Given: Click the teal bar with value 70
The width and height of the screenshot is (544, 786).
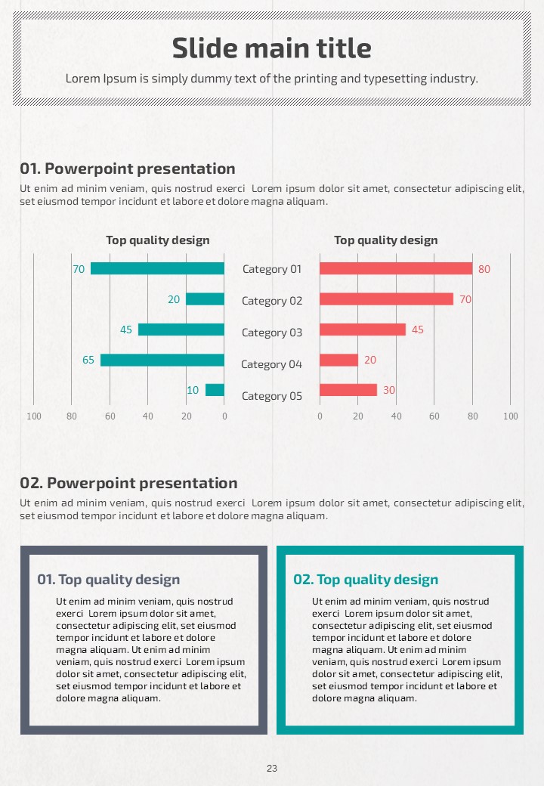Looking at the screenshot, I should [157, 268].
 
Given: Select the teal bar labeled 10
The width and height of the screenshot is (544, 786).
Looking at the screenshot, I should [215, 390].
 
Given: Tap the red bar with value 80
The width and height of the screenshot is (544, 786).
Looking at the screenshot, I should [396, 268].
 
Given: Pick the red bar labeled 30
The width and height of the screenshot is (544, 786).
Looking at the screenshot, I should [348, 390].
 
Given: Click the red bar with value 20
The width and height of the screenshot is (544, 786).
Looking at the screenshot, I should [338, 360].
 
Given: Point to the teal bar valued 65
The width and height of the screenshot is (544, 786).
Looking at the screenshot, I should [162, 360].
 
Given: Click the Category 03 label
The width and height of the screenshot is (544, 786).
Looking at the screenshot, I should [272, 333].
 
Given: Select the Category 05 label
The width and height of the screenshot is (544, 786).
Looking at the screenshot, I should [272, 396].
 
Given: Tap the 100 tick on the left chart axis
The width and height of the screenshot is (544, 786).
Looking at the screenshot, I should [34, 416].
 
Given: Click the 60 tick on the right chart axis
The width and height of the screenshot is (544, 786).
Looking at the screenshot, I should [434, 416].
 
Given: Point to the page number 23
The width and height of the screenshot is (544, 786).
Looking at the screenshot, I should [272, 769].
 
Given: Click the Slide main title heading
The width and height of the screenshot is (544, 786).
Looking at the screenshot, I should [272, 49].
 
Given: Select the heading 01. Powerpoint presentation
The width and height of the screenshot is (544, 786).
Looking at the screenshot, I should [128, 169].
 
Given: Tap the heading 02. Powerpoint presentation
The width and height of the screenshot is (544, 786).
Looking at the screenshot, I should [128, 483].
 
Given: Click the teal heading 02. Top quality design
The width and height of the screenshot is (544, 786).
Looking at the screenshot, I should [366, 580].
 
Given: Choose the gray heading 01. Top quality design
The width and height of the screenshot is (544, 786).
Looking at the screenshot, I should [109, 580].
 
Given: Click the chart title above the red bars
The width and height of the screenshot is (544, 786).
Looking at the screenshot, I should [386, 240].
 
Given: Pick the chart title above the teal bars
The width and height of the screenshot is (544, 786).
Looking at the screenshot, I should [158, 240].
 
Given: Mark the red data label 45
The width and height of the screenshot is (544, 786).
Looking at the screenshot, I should [417, 330].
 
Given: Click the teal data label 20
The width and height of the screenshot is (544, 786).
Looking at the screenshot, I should [174, 299].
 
